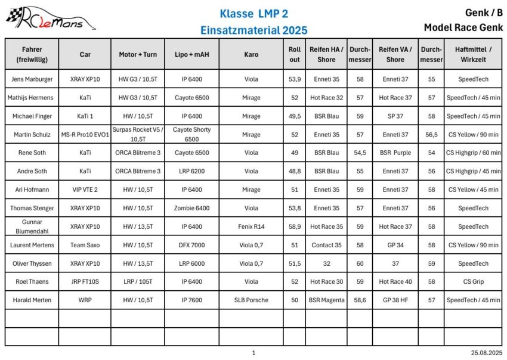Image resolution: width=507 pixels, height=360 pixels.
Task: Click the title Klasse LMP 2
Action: [x=253, y=13]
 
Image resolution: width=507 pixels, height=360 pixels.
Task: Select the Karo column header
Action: [x=251, y=54]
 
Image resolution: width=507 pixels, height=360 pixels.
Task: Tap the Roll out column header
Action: [x=294, y=54]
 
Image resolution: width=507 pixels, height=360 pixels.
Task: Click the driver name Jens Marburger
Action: [x=32, y=79]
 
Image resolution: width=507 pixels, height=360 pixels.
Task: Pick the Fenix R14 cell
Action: [x=251, y=226]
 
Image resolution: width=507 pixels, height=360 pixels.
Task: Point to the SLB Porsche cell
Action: [x=251, y=300]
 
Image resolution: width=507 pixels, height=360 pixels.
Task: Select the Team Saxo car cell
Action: [x=85, y=245]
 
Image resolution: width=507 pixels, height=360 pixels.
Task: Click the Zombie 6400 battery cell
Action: [x=192, y=208]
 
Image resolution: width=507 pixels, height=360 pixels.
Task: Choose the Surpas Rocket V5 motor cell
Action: [x=138, y=134]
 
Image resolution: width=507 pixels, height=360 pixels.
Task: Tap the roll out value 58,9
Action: [x=294, y=226]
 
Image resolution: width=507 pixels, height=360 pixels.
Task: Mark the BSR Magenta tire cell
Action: [x=326, y=300]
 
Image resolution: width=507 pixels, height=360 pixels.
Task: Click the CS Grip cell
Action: [x=473, y=281]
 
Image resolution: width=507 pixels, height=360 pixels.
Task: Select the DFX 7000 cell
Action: [x=192, y=245]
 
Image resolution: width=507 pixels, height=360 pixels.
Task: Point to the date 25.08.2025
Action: [x=487, y=353]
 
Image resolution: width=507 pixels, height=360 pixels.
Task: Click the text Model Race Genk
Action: [x=463, y=27]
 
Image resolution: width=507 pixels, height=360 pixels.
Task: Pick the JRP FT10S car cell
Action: [x=85, y=281]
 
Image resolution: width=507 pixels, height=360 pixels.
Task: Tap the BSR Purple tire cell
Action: [x=395, y=153]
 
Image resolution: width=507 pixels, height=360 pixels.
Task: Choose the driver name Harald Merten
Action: [x=32, y=300]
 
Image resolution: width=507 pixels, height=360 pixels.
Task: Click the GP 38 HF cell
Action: [x=395, y=300]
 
